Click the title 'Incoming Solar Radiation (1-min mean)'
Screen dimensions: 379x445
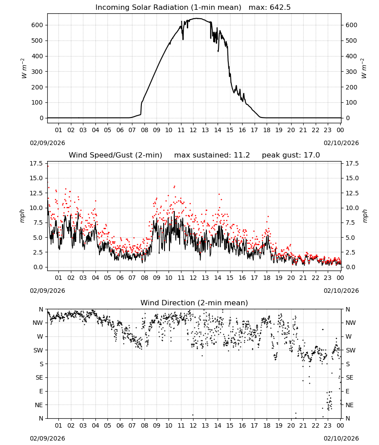click(168, 8)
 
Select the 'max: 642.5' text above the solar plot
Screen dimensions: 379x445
click(270, 8)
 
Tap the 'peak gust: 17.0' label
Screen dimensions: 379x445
click(291, 155)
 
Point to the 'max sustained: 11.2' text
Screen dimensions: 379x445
click(212, 155)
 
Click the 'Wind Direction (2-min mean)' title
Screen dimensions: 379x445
click(194, 303)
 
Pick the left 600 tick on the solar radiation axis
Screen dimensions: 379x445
click(37, 25)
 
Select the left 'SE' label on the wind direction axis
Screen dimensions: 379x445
click(39, 377)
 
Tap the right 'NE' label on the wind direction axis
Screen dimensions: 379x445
click(350, 405)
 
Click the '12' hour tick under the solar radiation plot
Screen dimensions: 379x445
click(193, 130)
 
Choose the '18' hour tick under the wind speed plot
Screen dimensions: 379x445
click(267, 278)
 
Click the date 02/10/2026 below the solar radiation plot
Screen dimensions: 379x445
click(341, 143)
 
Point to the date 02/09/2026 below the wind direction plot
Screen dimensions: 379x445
click(47, 438)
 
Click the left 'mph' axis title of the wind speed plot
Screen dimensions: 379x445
click(22, 216)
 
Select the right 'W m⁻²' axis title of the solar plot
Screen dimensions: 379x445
click(364, 69)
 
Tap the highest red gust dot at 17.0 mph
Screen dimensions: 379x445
click(48, 166)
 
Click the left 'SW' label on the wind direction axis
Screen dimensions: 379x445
click(38, 350)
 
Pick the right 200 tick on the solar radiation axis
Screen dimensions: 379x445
click(351, 87)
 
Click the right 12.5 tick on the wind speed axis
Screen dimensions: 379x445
click(351, 193)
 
